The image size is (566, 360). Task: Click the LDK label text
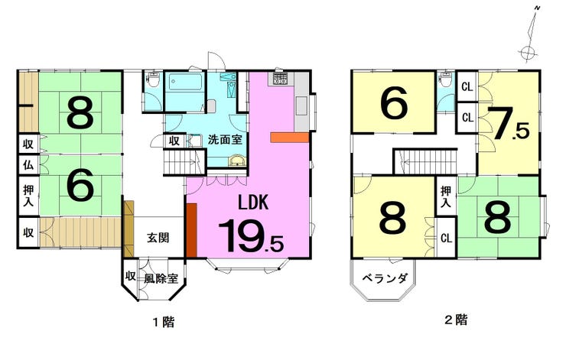coord(253,203)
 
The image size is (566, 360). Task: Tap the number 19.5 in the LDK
coord(251,236)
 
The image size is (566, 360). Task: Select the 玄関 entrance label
coord(158,238)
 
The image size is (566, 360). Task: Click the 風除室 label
coord(161,278)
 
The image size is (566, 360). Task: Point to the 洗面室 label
coord(225,140)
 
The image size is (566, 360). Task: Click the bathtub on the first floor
coord(185,83)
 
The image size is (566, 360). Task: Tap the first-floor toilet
coord(154,79)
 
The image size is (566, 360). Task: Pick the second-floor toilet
coord(446,79)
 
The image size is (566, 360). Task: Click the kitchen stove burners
coord(281,78)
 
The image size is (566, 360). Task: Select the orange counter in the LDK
coord(289,138)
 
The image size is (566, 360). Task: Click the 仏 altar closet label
coord(28,165)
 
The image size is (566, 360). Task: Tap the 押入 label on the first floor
coord(28,196)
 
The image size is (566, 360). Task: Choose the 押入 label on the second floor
coord(446,196)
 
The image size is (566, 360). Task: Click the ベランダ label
coord(385,278)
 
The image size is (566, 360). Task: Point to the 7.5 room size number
coord(508,124)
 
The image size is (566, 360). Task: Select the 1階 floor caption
coord(164,322)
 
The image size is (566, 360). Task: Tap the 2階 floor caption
coord(456,319)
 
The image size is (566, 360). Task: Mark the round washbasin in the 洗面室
coord(236,161)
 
